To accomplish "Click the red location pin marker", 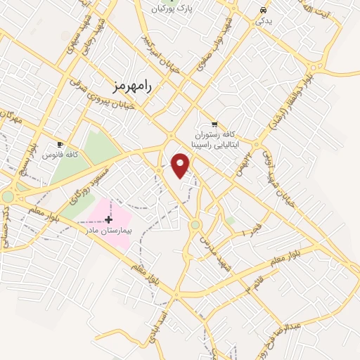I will [181, 165].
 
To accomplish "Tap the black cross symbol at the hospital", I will [108, 220].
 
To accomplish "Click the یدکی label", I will [264, 21].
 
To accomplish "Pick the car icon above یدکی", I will [263, 11].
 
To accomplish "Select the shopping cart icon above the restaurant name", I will [213, 122].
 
